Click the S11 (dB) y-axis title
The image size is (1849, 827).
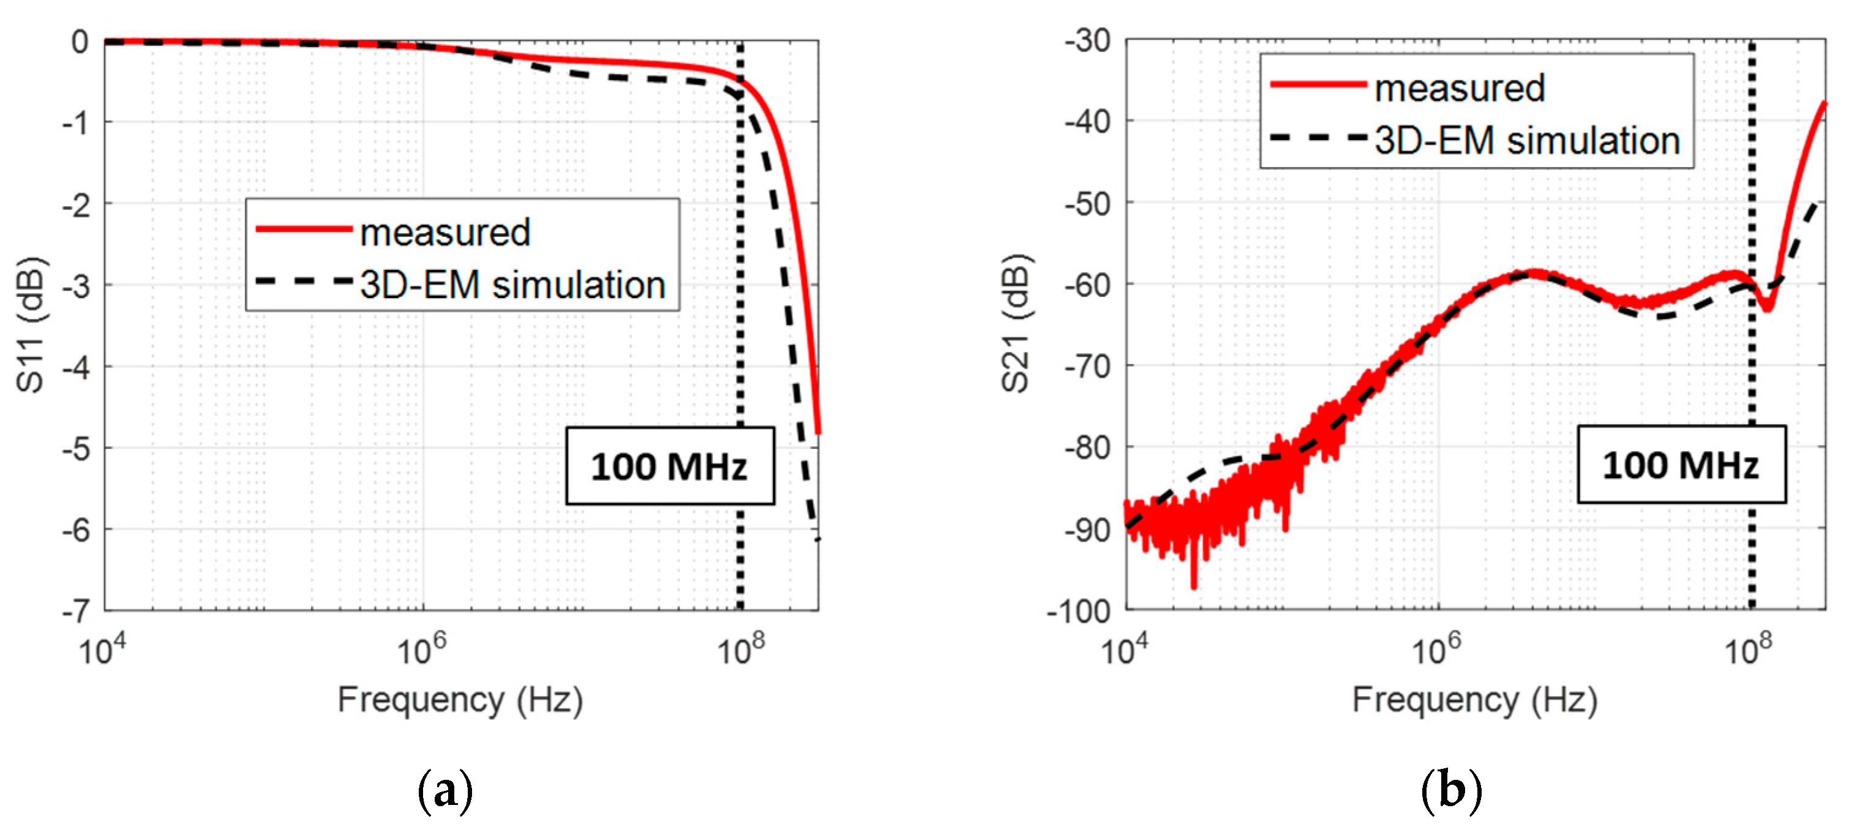[30, 324]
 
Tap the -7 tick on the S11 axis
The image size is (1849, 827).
[76, 612]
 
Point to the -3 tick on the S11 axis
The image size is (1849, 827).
[76, 286]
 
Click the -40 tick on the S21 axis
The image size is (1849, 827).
[1087, 122]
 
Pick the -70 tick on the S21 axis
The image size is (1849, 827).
[1087, 367]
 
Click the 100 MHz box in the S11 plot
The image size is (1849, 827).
[669, 466]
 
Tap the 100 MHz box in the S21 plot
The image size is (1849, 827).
[1681, 465]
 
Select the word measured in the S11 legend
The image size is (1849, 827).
[445, 233]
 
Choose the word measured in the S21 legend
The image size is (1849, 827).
[1459, 88]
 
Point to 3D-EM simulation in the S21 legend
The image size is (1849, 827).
[1527, 140]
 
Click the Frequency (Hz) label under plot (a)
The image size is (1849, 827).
[460, 699]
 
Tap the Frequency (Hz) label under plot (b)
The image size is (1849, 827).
[1474, 699]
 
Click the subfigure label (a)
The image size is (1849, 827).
[445, 791]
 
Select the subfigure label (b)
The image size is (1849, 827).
[1452, 791]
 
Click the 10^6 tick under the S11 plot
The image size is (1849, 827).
[421, 649]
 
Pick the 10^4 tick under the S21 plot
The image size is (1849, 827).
[1124, 649]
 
